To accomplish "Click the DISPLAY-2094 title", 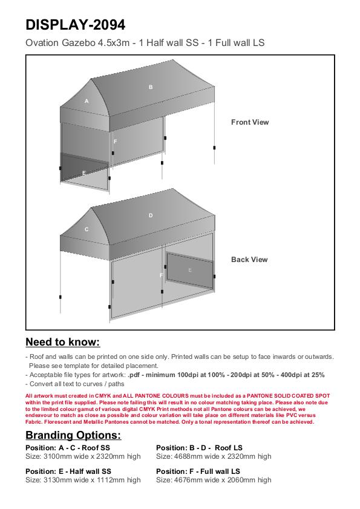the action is click(75, 25).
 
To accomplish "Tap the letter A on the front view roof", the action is click(87, 101).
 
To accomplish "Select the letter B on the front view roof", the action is click(151, 87).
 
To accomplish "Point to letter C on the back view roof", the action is click(87, 229).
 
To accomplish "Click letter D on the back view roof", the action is click(151, 215).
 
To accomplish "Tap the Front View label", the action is click(250, 122).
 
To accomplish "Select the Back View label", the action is click(249, 260).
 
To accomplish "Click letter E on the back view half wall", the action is click(190, 270).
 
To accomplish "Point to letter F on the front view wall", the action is click(115, 142).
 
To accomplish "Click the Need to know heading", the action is click(63, 342).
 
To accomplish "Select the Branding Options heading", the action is click(73, 435).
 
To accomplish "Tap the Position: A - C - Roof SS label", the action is click(68, 448).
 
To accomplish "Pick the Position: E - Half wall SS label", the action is click(68, 471).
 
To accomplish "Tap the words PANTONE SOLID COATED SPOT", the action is click(288, 396).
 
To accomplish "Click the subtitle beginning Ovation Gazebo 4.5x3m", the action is click(145, 43).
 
